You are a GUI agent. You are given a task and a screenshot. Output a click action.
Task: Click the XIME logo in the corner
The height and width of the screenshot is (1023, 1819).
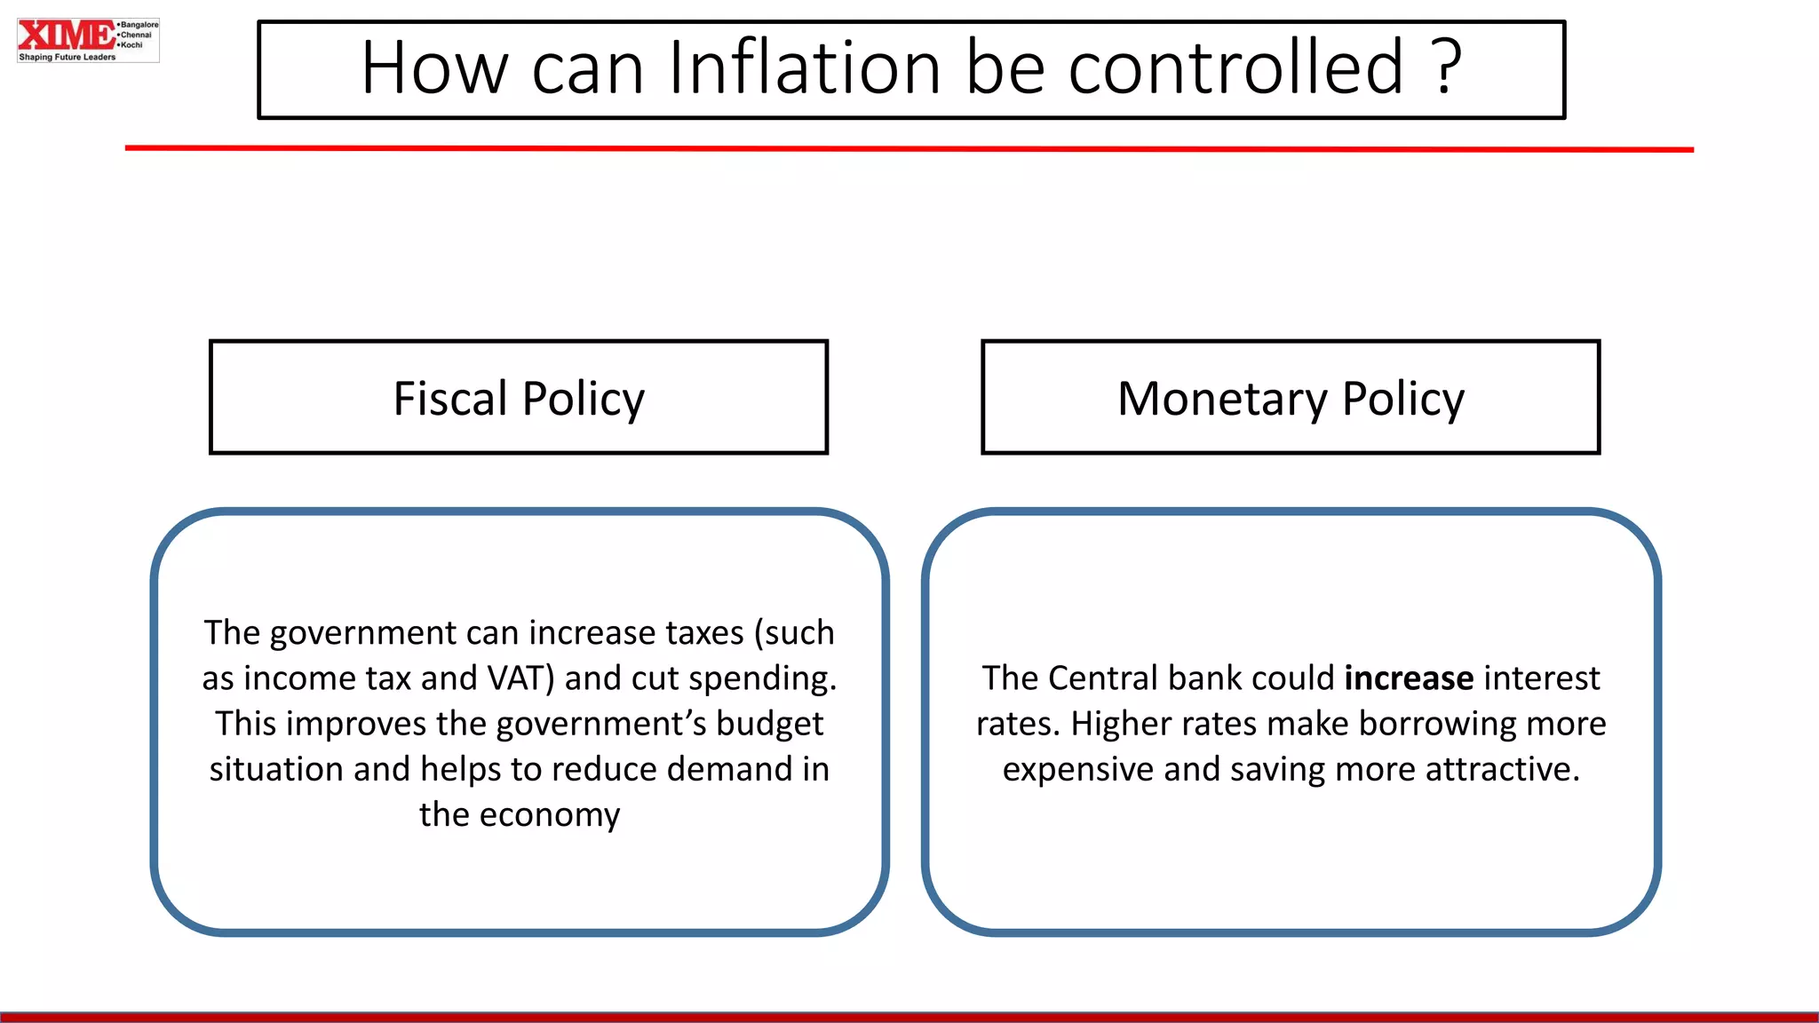[x=66, y=36]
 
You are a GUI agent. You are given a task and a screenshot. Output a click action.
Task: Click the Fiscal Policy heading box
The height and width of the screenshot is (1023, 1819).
[x=519, y=398]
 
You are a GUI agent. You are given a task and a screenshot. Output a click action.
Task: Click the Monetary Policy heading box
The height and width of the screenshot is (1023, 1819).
[x=1291, y=398]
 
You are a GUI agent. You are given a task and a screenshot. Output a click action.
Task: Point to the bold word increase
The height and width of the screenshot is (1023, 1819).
[x=1409, y=678]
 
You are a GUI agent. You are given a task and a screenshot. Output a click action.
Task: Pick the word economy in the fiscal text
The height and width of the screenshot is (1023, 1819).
[x=550, y=815]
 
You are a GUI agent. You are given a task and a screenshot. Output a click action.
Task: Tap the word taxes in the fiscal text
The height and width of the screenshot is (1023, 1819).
[x=704, y=633]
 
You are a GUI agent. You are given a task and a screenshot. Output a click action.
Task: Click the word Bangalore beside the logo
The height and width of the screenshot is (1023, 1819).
[x=139, y=25]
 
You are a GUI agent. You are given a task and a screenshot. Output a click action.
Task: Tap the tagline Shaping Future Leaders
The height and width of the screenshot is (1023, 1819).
[x=68, y=57]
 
